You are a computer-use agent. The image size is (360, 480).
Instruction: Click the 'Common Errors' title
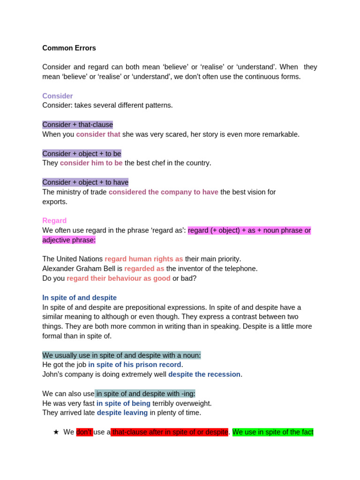click(69, 48)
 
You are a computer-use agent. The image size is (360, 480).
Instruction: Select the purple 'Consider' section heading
click(57, 96)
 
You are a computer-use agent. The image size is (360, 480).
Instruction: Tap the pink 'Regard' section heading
click(54, 221)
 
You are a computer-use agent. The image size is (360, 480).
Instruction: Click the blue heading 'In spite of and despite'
click(79, 298)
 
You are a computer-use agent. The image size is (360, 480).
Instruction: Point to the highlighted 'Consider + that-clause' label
click(77, 125)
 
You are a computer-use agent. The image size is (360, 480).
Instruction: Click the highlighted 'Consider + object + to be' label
click(82, 154)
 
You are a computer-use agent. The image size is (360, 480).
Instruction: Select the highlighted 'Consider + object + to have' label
click(85, 182)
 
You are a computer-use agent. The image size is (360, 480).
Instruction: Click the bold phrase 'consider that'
click(98, 135)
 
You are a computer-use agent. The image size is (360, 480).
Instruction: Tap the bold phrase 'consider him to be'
click(91, 163)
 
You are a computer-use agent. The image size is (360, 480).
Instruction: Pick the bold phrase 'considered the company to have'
click(163, 192)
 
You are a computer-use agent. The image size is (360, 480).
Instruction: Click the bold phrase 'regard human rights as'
click(143, 259)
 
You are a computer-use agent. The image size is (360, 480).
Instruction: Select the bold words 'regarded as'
click(144, 269)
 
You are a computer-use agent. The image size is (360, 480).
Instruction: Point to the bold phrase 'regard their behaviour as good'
click(118, 278)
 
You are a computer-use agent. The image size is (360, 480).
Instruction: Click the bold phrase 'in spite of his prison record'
click(135, 365)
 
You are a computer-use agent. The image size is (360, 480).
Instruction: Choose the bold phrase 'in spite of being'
click(123, 403)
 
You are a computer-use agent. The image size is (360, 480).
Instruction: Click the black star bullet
click(56, 432)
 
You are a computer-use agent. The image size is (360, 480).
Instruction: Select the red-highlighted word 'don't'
click(84, 432)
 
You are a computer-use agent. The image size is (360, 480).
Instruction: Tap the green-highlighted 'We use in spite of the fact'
click(273, 432)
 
